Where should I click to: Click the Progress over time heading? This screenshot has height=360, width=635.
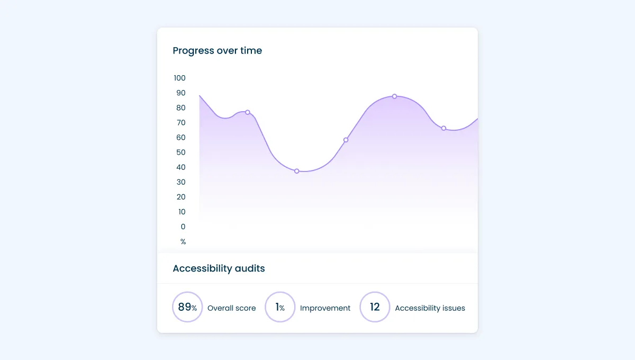(x=217, y=51)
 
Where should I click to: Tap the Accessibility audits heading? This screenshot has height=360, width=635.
(x=219, y=268)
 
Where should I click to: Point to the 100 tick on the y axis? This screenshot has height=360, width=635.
(x=179, y=78)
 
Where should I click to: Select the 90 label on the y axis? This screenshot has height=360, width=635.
(x=180, y=93)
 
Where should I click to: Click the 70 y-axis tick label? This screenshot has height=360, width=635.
(x=180, y=122)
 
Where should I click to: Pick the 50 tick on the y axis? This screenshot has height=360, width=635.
(x=180, y=152)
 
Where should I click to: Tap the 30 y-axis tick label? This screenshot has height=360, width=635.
(x=180, y=182)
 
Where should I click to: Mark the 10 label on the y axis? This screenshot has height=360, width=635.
(x=182, y=212)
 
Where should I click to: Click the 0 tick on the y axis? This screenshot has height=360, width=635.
(x=183, y=227)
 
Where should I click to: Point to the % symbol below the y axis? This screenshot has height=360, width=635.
(x=183, y=241)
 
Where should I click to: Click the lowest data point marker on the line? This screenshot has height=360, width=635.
(x=297, y=171)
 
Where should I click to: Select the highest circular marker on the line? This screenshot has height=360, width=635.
(x=394, y=96)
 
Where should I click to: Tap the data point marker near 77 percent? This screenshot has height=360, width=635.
(x=247, y=112)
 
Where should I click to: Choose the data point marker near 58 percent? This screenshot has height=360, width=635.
(x=346, y=140)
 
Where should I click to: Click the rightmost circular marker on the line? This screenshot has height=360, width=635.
(x=443, y=128)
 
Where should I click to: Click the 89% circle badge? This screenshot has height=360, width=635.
(x=187, y=307)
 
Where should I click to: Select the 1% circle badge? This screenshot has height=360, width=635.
(x=280, y=307)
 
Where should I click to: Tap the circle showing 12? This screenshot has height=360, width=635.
(x=375, y=307)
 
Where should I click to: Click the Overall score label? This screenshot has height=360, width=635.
(x=231, y=308)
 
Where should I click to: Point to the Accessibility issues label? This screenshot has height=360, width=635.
(x=430, y=308)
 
